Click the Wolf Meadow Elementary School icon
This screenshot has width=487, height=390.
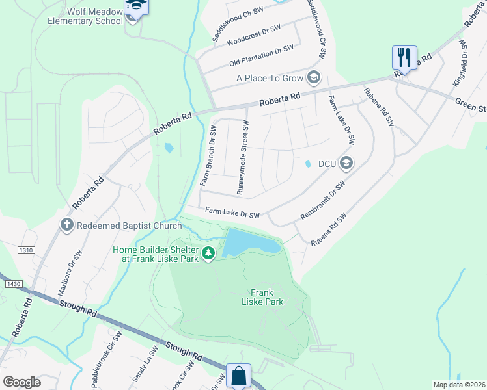tap(136, 6)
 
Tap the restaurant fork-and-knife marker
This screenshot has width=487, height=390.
tap(404, 58)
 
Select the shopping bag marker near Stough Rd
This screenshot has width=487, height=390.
tap(238, 376)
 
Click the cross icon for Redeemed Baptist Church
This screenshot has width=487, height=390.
tap(66, 225)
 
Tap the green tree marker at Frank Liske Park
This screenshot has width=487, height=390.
tap(208, 253)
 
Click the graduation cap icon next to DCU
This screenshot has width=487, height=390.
tap(346, 163)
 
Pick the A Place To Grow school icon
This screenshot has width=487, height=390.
tap(314, 78)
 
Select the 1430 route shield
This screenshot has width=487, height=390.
tap(12, 284)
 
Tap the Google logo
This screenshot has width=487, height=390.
tap(22, 382)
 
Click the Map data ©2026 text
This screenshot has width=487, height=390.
tap(458, 385)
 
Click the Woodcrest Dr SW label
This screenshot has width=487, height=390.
tap(253, 36)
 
